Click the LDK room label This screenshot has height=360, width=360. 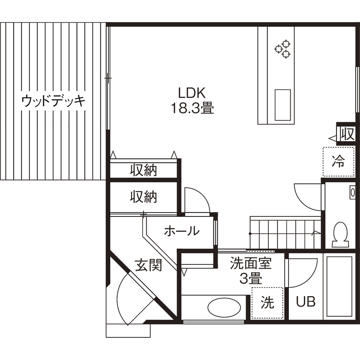(192, 93)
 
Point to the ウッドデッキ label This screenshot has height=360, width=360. (53, 101)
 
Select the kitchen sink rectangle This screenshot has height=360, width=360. (282, 105)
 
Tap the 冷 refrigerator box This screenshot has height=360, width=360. (338, 162)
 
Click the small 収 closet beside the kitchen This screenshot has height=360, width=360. (347, 134)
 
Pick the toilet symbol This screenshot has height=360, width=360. (341, 234)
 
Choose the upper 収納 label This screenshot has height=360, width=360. (144, 170)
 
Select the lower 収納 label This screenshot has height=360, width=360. (144, 197)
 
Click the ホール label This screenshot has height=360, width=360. (181, 231)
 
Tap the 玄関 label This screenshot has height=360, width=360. (149, 265)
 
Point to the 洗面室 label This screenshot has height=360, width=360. (251, 263)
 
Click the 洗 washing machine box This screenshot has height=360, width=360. (267, 303)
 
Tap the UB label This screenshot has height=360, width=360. (306, 302)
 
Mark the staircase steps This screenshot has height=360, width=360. (285, 234)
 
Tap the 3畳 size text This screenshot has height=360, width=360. (250, 279)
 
